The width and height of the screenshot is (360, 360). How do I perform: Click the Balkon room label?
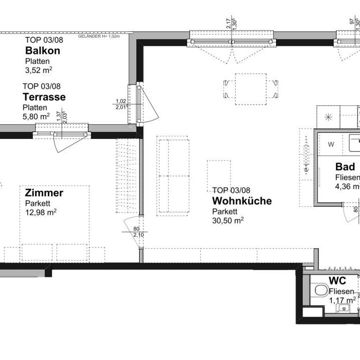43,51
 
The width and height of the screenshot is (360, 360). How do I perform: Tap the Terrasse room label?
44,97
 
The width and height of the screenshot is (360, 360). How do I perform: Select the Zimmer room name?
44,193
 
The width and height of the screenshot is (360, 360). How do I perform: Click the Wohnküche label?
242,201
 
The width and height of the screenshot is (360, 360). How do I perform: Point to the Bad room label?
345,167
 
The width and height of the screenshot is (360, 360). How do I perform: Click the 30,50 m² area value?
228,221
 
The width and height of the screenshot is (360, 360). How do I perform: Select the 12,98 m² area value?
40,212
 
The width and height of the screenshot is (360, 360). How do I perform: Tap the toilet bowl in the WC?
319,291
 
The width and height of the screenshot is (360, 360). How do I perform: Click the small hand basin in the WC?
344,307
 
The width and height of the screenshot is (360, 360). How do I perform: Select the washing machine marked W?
331,145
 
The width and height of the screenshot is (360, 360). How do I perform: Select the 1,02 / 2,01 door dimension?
121,104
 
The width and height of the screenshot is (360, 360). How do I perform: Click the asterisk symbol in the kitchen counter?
328,117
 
